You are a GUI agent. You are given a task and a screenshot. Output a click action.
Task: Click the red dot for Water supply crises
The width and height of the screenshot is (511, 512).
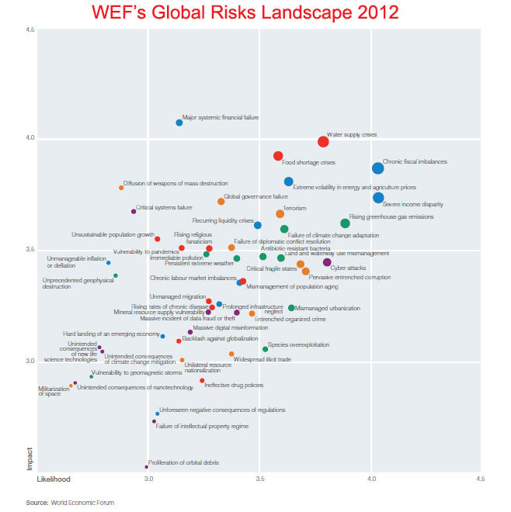pos(323,141)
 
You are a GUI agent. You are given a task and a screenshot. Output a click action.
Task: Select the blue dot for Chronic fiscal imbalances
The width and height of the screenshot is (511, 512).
pos(377,168)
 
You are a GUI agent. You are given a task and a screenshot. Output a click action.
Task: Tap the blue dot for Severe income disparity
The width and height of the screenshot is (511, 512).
pos(378,198)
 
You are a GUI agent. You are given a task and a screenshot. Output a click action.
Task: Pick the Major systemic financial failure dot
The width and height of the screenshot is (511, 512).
pos(179,123)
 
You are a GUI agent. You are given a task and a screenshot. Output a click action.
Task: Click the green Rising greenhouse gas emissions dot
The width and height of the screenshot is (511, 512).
pos(345,223)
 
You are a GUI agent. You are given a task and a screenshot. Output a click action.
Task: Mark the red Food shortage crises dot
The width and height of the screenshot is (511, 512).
pos(277,156)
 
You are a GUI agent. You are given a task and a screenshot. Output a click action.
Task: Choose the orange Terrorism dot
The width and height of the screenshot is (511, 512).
pos(280,213)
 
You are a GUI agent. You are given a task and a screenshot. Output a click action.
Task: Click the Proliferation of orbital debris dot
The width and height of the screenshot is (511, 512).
pos(146,467)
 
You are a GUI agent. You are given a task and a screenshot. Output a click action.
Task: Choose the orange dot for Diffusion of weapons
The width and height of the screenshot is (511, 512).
pos(121,188)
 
